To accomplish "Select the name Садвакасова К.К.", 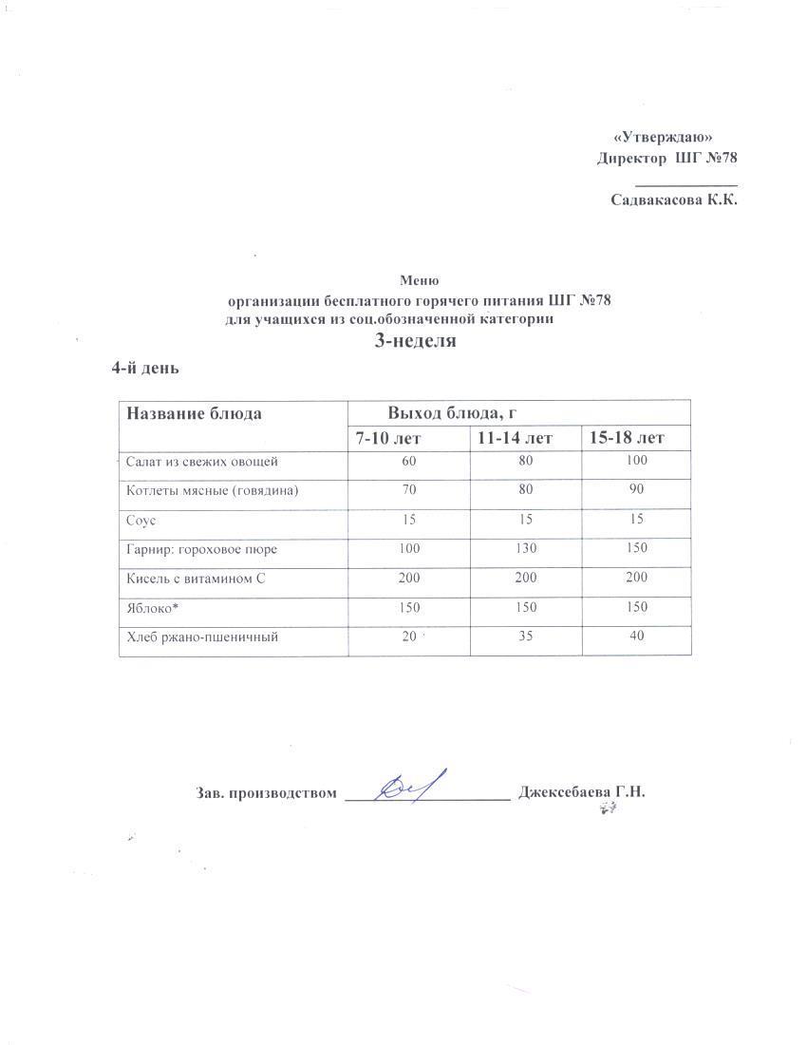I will click(673, 199).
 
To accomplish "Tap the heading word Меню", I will click(419, 280).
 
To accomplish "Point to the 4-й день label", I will click(146, 368).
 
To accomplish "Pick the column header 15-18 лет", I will click(627, 438).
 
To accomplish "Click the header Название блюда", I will click(195, 413).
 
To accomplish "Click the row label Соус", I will click(142, 520).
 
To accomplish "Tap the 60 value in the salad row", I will click(410, 462).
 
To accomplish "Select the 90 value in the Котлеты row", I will click(636, 490).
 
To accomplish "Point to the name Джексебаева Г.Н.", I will click(581, 792).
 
